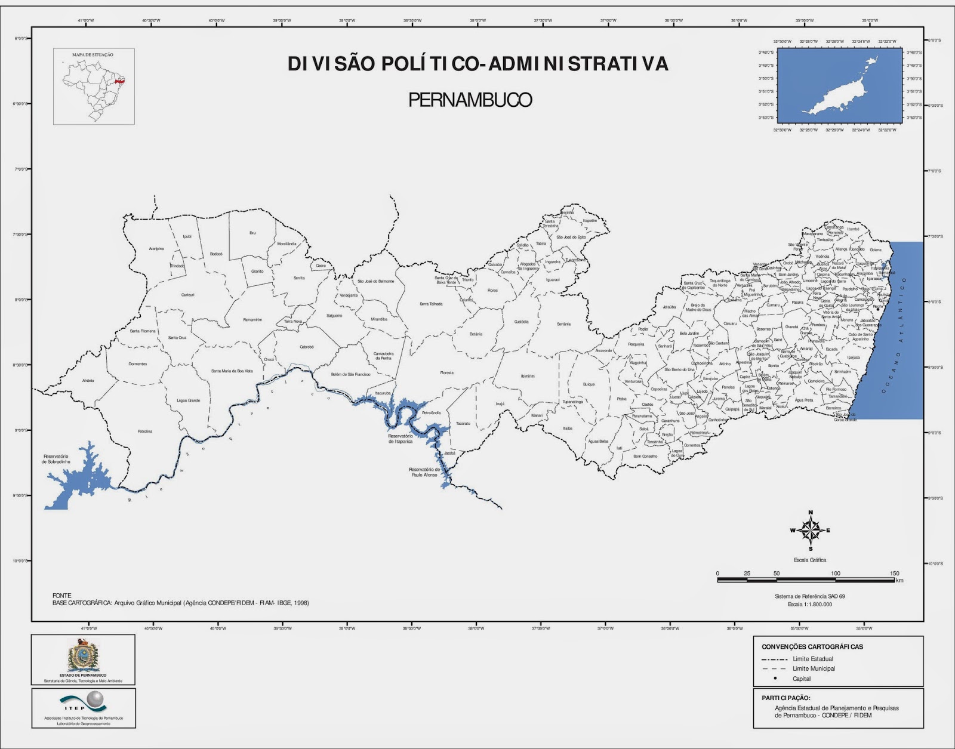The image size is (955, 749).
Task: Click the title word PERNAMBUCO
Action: click(x=470, y=100)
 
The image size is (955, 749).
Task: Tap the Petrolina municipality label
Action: click(x=145, y=431)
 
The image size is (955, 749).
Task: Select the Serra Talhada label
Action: click(x=431, y=304)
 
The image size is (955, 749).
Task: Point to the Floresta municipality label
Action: click(x=446, y=373)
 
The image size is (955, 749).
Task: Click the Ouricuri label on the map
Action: click(x=188, y=295)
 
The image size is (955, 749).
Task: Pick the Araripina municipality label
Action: click(x=156, y=249)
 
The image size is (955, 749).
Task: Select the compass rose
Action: click(x=810, y=530)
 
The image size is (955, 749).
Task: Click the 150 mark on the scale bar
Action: click(x=894, y=574)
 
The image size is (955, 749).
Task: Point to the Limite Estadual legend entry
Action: click(x=812, y=659)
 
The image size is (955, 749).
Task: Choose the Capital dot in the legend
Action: click(x=775, y=679)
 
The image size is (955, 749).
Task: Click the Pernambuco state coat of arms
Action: click(x=82, y=656)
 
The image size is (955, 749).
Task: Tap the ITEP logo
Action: click(x=83, y=702)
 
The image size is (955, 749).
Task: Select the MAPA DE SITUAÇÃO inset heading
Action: click(x=93, y=55)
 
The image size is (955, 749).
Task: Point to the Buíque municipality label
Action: click(x=589, y=384)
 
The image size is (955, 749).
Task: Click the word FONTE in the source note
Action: click(x=62, y=596)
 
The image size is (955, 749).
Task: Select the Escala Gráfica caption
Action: click(x=809, y=560)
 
